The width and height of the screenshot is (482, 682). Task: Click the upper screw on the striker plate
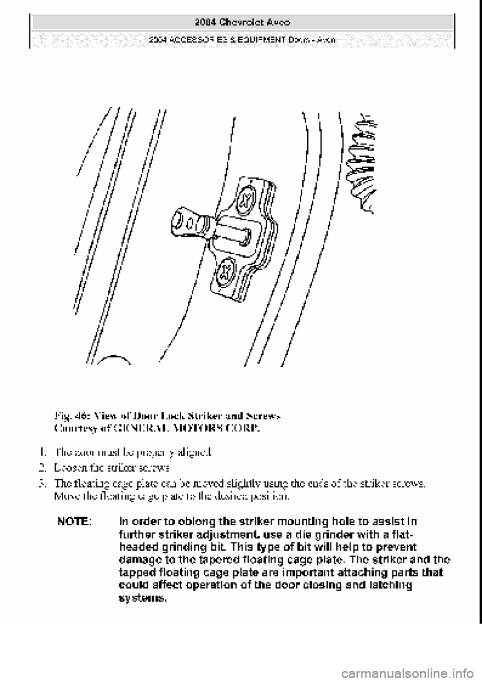pyautogui.click(x=247, y=197)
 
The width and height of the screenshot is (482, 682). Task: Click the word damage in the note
pyautogui.click(x=138, y=559)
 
